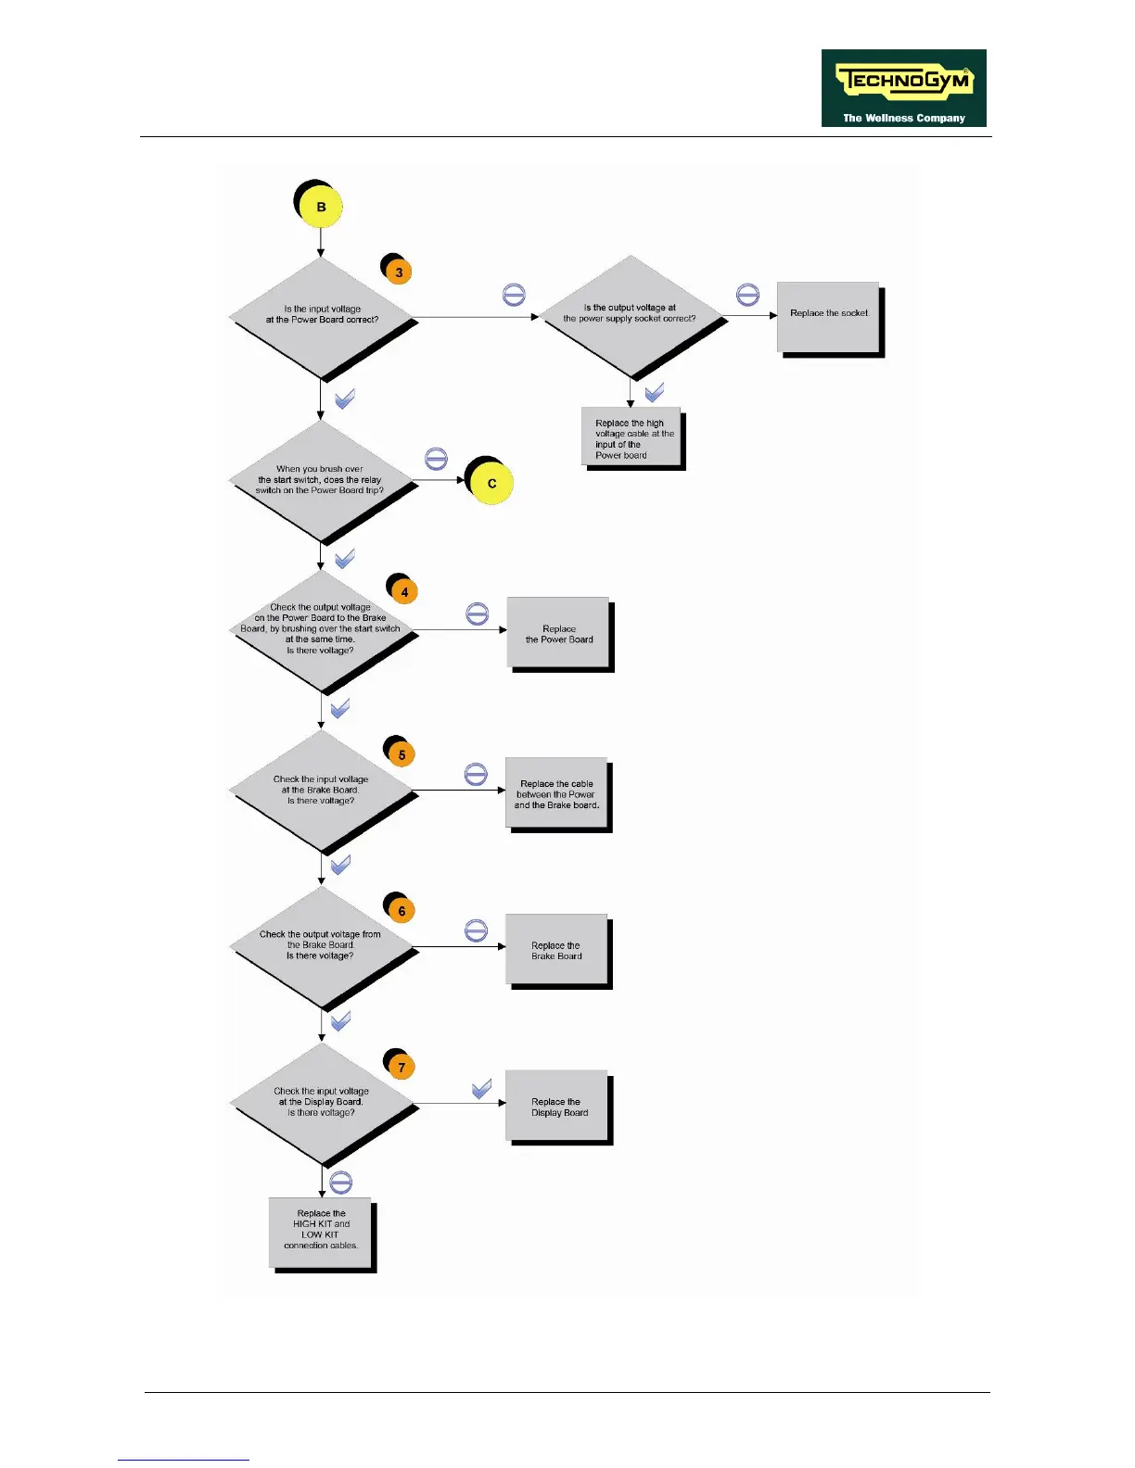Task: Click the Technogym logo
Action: pos(903,88)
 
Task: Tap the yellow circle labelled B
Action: pos(321,207)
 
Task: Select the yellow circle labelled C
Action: pos(491,483)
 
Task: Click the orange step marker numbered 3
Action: pos(399,272)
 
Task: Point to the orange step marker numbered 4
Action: pos(403,591)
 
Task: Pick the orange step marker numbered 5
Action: pos(402,754)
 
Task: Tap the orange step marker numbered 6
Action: pos(402,910)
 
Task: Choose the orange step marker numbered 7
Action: pos(402,1067)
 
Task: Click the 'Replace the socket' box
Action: pos(828,317)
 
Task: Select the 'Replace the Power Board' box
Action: pos(558,633)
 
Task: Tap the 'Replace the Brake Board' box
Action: pos(556,950)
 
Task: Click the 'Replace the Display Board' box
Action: pos(557,1107)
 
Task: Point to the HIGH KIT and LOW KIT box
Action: pos(321,1232)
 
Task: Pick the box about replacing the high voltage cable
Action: pos(631,437)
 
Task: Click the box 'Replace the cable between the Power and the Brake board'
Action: pos(556,793)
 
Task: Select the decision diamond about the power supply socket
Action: pos(631,315)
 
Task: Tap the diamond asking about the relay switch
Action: pos(321,480)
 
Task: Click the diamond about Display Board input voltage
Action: pos(321,1103)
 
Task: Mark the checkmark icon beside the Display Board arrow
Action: pos(481,1089)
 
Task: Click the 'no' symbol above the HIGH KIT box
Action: pos(340,1183)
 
